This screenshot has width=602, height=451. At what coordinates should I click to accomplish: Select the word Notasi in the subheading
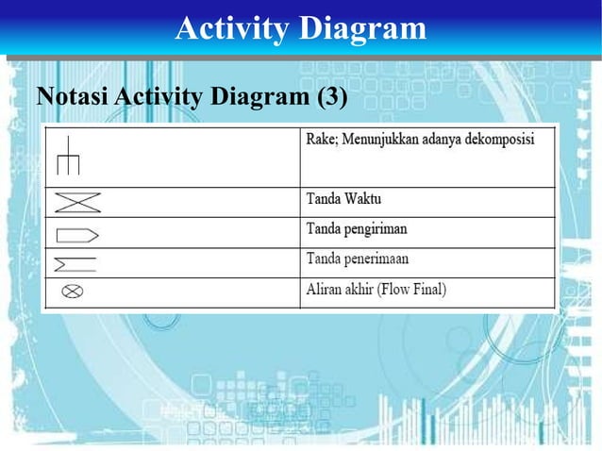coord(65,98)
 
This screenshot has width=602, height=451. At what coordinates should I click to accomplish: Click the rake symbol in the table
coord(68,157)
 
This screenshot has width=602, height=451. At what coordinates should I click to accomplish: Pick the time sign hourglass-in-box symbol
coord(77,202)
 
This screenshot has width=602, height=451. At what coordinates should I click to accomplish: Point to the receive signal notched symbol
coord(75,262)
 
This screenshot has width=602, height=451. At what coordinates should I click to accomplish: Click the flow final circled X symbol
coord(72,291)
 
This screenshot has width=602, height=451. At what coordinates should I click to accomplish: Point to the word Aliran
coord(326,289)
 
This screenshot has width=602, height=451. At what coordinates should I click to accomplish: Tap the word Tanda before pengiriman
coord(324,229)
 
